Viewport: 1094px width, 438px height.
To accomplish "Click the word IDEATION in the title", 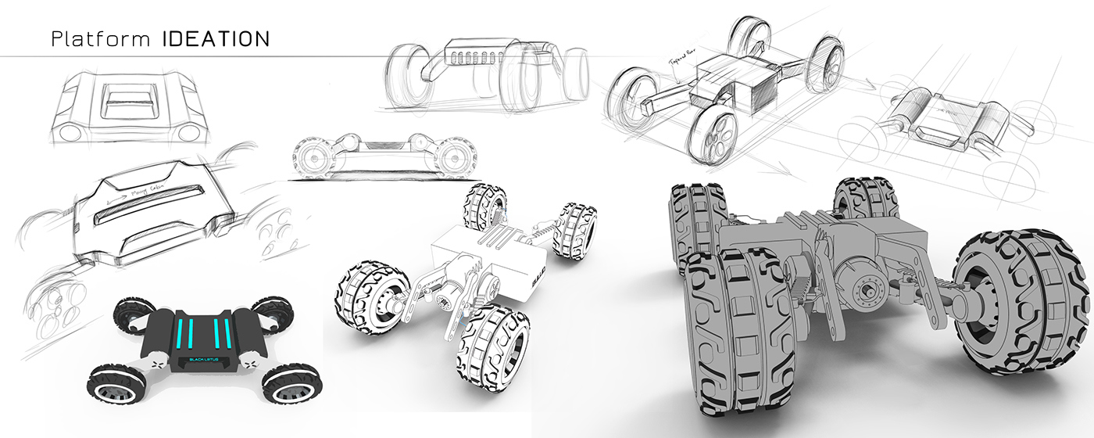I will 216,40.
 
